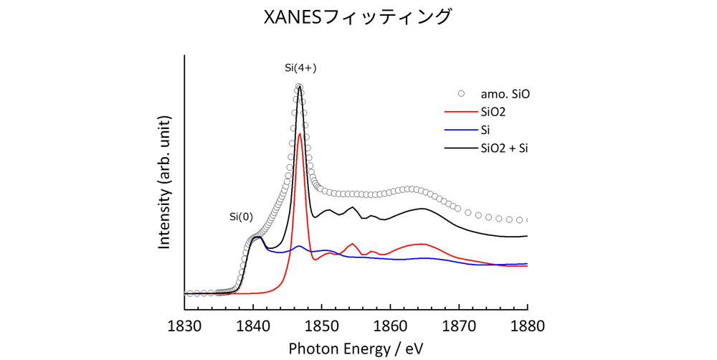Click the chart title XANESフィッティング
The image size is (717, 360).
click(x=358, y=16)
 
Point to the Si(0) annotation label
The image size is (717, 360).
click(x=241, y=216)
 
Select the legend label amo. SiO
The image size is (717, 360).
click(x=505, y=93)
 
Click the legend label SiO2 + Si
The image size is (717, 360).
click(x=509, y=148)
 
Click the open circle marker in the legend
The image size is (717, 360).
click(x=461, y=93)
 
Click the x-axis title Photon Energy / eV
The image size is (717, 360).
click(x=356, y=347)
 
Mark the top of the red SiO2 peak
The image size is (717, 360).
click(x=299, y=133)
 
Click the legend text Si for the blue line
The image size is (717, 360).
click(x=485, y=131)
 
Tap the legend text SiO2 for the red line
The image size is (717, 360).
click(x=494, y=112)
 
